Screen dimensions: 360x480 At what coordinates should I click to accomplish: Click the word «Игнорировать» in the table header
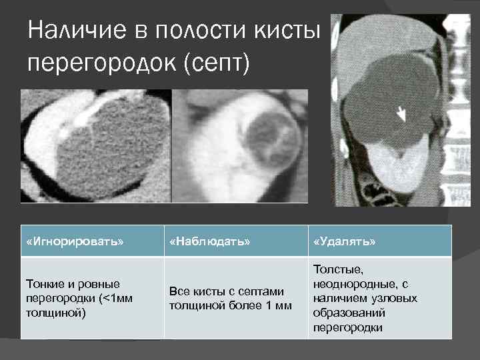tap(75, 241)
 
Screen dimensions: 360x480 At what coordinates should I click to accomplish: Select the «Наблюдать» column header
tap(210, 241)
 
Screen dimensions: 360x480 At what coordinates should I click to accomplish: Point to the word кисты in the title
tap(288, 31)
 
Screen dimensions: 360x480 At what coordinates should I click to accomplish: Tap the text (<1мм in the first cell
tap(114, 297)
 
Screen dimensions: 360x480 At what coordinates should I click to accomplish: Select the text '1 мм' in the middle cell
tap(279, 305)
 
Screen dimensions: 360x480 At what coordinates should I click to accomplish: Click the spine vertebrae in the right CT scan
tap(460, 100)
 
